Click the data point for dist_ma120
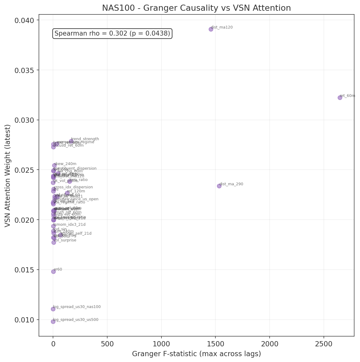point(211,29)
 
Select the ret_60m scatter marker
point(340,98)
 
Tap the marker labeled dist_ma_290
point(219,186)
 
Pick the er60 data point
point(53,271)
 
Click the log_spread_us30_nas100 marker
point(53,309)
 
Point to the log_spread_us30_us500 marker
point(53,322)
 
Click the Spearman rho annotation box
point(112,33)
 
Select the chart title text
point(196,8)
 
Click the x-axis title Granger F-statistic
point(196,354)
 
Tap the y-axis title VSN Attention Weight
point(8,176)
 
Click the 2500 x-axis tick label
point(324,344)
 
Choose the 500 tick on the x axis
point(107,344)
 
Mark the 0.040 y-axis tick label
point(25,21)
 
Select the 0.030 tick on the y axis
point(25,120)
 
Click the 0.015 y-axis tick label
point(25,270)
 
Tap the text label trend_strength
point(85,139)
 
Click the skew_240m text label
point(65,164)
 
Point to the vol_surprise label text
point(65,240)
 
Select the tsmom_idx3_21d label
point(69,225)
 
